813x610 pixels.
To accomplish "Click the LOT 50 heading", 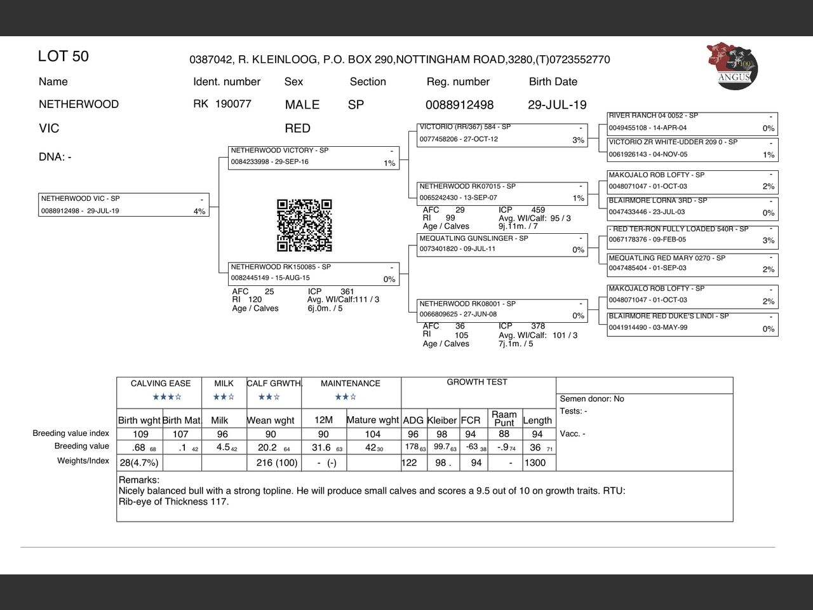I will point(64,57).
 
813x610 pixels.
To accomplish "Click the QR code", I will point(304,226).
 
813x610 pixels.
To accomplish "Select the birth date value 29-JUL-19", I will point(557,105).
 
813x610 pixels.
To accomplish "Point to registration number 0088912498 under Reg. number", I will point(459,105).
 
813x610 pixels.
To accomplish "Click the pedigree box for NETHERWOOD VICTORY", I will point(314,158).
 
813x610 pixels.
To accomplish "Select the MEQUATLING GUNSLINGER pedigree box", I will point(502,245).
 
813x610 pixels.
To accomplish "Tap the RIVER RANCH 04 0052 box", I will point(692,123).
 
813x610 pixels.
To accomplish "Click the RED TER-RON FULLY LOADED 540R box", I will point(692,236).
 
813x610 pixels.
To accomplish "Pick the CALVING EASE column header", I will point(161,383).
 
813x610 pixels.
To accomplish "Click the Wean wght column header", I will point(271,420).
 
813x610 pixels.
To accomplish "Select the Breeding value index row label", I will point(71,433).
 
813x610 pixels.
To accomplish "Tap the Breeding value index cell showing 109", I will point(140,434).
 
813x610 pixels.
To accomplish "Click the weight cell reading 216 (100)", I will point(277,463).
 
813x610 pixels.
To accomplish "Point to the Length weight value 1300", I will point(535,463).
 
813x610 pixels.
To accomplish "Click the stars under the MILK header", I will point(224,397).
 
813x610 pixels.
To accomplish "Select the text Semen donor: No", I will point(592,399).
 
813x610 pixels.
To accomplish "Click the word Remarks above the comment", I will point(138,480).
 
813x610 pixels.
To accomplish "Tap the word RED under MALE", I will point(297,128).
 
